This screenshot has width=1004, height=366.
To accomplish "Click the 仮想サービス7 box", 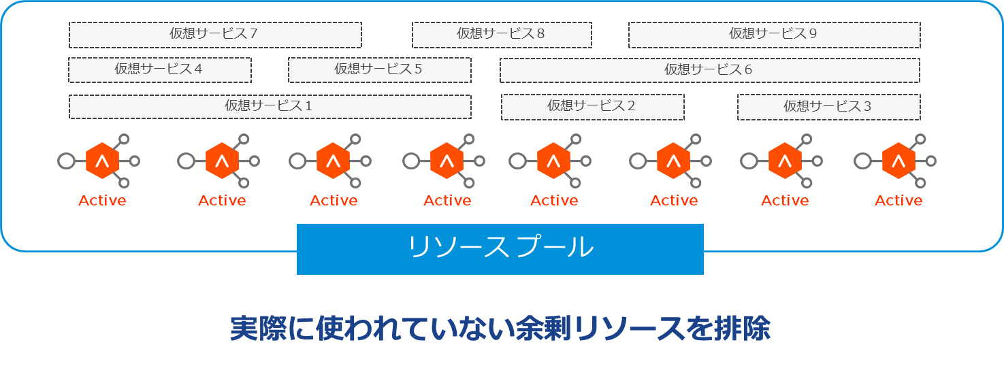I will tap(215, 35).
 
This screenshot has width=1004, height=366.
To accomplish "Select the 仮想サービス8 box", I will tap(502, 35).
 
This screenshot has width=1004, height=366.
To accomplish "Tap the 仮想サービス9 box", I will tap(774, 35).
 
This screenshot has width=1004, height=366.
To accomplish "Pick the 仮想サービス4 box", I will tap(160, 70).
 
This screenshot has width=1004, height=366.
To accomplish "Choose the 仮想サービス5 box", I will tap(379, 70).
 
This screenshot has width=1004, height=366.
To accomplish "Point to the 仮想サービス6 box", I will tap(709, 70).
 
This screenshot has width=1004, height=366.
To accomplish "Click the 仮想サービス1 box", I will tap(270, 107).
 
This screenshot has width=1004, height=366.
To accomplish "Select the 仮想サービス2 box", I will tap(592, 107).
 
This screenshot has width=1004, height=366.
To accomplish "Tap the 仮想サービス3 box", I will tap(828, 107).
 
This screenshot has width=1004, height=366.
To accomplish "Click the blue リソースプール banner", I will tap(500, 249).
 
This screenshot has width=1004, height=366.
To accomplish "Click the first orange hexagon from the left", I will tap(103, 161).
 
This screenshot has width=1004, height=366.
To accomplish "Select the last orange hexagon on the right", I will tap(898, 161).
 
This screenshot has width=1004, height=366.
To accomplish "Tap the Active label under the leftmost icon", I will tap(102, 201).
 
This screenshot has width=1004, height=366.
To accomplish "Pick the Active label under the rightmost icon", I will tap(898, 201).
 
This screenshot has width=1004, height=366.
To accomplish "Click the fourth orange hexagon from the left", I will tap(447, 161).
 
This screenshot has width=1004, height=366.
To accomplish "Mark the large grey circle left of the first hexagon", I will tap(66, 161).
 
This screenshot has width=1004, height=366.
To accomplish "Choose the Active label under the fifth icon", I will tap(554, 201).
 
